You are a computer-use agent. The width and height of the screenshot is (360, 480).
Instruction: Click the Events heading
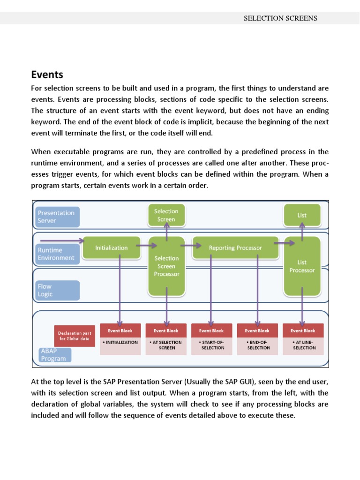[47, 75]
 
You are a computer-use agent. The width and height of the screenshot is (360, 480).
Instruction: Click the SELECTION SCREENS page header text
[280, 18]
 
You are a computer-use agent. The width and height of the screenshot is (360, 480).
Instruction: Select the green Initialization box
[111, 247]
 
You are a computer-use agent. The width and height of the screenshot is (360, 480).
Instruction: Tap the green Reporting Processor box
[235, 247]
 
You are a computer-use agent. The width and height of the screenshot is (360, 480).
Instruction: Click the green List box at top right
[302, 215]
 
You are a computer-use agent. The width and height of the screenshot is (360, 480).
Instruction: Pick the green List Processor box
[302, 266]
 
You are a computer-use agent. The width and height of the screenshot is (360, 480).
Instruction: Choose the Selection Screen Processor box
[166, 266]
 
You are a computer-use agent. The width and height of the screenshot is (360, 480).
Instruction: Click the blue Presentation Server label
[56, 217]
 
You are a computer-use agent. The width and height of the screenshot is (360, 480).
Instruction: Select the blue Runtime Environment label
[56, 254]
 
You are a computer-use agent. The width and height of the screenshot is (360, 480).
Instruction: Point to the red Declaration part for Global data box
[75, 336]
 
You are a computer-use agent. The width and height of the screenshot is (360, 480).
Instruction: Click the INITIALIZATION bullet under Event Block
[120, 342]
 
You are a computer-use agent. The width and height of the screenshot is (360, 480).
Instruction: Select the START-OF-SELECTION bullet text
[212, 345]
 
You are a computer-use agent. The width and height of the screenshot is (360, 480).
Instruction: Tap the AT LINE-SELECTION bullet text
[304, 345]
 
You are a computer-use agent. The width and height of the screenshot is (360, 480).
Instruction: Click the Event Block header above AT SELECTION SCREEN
[166, 330]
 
